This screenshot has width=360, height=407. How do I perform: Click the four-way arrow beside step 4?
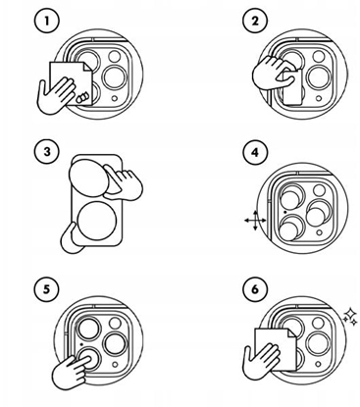[x=254, y=222]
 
